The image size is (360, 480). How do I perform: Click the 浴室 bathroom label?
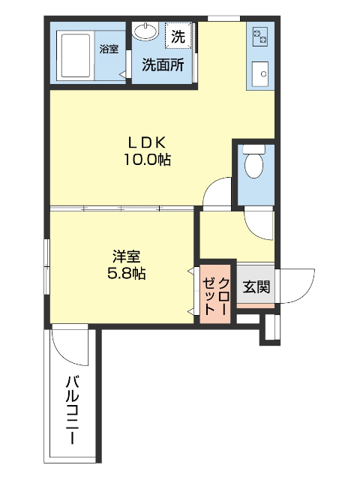coord(109,49)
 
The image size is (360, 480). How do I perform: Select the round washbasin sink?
coord(145,32)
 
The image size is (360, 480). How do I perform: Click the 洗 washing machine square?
coord(178,34)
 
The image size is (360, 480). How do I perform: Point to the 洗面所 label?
coord(163,64)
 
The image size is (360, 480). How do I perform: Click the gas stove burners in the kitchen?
coord(260,34)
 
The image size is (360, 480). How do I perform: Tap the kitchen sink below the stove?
coord(260,73)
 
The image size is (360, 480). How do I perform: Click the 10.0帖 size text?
coord(147,159)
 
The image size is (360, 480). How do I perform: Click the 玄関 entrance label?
coord(256,286)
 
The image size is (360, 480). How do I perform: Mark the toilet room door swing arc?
coord(259,223)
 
